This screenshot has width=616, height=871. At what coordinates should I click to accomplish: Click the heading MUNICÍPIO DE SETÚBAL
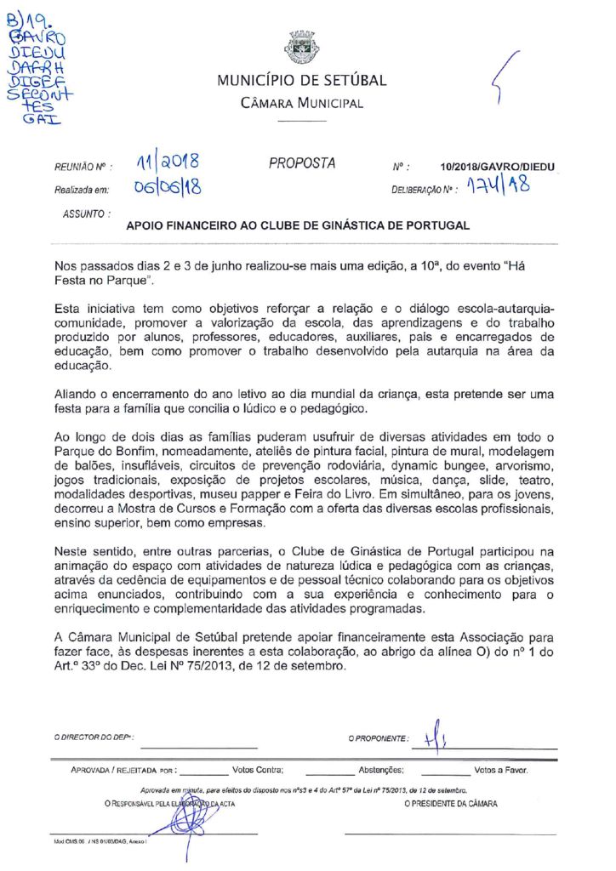click(301, 82)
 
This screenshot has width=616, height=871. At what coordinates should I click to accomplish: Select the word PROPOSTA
click(302, 163)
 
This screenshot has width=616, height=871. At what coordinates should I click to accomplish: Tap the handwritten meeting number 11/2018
click(167, 161)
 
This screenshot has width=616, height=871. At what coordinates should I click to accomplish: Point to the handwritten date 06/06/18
click(167, 187)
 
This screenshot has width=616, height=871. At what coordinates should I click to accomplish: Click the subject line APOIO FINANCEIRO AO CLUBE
click(298, 225)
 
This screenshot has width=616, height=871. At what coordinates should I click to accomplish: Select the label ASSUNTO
click(85, 214)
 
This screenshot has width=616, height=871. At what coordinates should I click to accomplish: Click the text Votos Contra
click(256, 771)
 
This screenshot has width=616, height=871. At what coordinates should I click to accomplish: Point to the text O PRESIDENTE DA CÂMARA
click(452, 803)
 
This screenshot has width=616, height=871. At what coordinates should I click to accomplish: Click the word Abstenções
click(380, 771)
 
